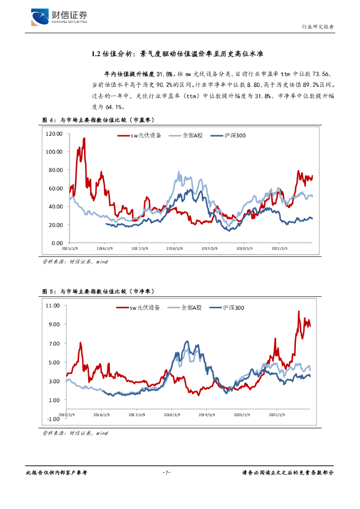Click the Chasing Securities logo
click(59, 17)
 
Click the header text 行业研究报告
click(318, 27)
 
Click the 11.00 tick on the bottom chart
click(52, 305)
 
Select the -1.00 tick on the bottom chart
click(52, 419)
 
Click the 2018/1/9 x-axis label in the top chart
click(174, 248)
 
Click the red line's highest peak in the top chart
click(84, 139)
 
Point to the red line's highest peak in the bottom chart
click(298, 312)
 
